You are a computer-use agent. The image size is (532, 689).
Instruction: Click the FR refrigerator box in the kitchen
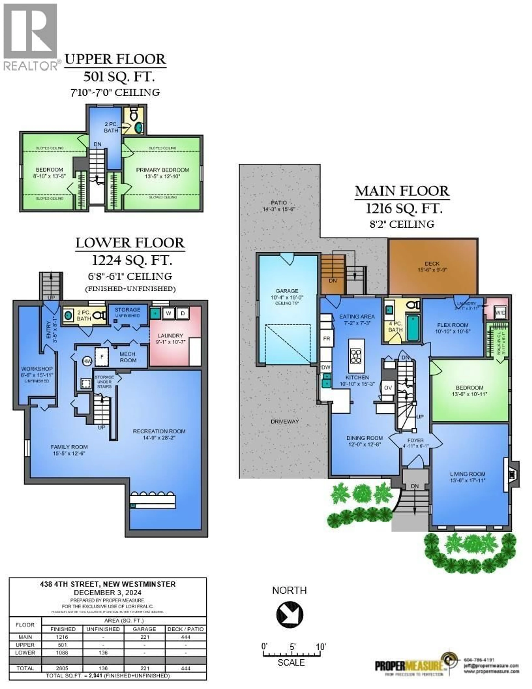coord(327,338)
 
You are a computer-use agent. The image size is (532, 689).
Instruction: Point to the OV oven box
coord(388,388)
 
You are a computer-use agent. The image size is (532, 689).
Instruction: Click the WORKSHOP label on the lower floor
coord(37,369)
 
